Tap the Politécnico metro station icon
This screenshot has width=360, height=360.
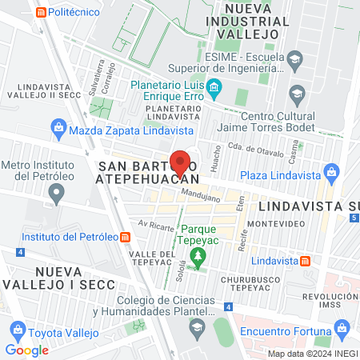(x=39, y=12)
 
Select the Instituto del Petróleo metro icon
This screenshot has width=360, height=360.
(x=125, y=237)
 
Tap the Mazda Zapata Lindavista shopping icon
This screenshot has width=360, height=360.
(x=58, y=127)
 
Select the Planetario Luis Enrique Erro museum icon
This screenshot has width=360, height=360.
(x=214, y=86)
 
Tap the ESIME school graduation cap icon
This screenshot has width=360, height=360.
(x=294, y=58)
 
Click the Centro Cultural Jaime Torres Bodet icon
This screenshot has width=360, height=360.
(x=297, y=94)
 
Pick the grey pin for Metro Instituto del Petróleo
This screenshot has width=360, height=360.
(x=56, y=193)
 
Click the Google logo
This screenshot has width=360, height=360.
(x=26, y=350)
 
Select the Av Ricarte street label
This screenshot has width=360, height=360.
(x=154, y=226)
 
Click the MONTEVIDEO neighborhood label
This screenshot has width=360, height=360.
(x=278, y=224)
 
